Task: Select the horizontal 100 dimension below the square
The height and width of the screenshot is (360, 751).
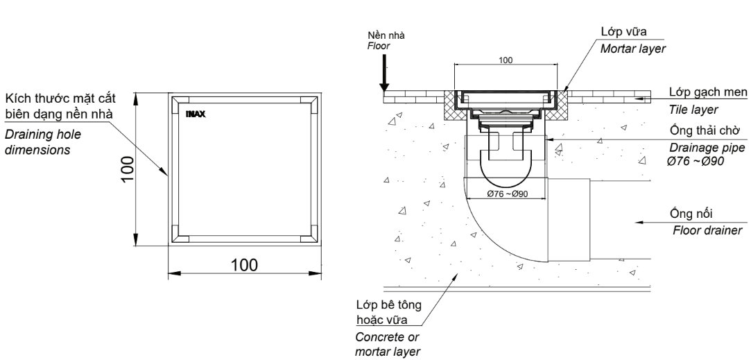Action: pos(244,265)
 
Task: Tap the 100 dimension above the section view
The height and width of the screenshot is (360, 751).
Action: pos(506,60)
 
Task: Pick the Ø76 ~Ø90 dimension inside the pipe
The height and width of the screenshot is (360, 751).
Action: pos(507,194)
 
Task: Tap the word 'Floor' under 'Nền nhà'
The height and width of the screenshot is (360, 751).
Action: pos(379,44)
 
